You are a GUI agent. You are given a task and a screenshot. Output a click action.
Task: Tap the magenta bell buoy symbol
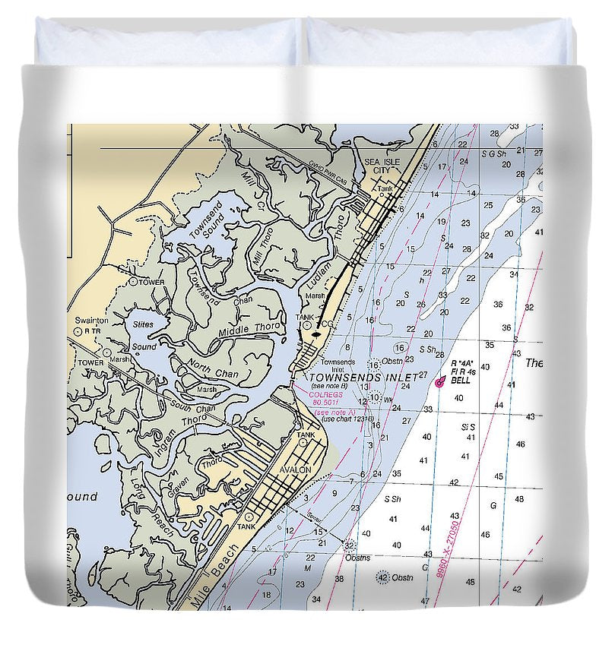point(439,383)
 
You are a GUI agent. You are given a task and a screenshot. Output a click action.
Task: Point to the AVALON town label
point(295,469)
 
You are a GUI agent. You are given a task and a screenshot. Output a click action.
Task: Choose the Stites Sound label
point(144,335)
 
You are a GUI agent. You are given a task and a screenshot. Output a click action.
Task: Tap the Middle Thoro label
point(250,330)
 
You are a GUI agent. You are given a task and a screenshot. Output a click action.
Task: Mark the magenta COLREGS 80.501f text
point(325,397)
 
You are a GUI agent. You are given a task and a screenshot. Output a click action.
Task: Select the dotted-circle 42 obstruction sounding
point(383,577)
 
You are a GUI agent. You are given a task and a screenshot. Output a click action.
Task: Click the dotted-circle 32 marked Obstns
point(350,545)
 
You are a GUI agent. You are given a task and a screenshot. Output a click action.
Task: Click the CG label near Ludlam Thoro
point(328,324)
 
